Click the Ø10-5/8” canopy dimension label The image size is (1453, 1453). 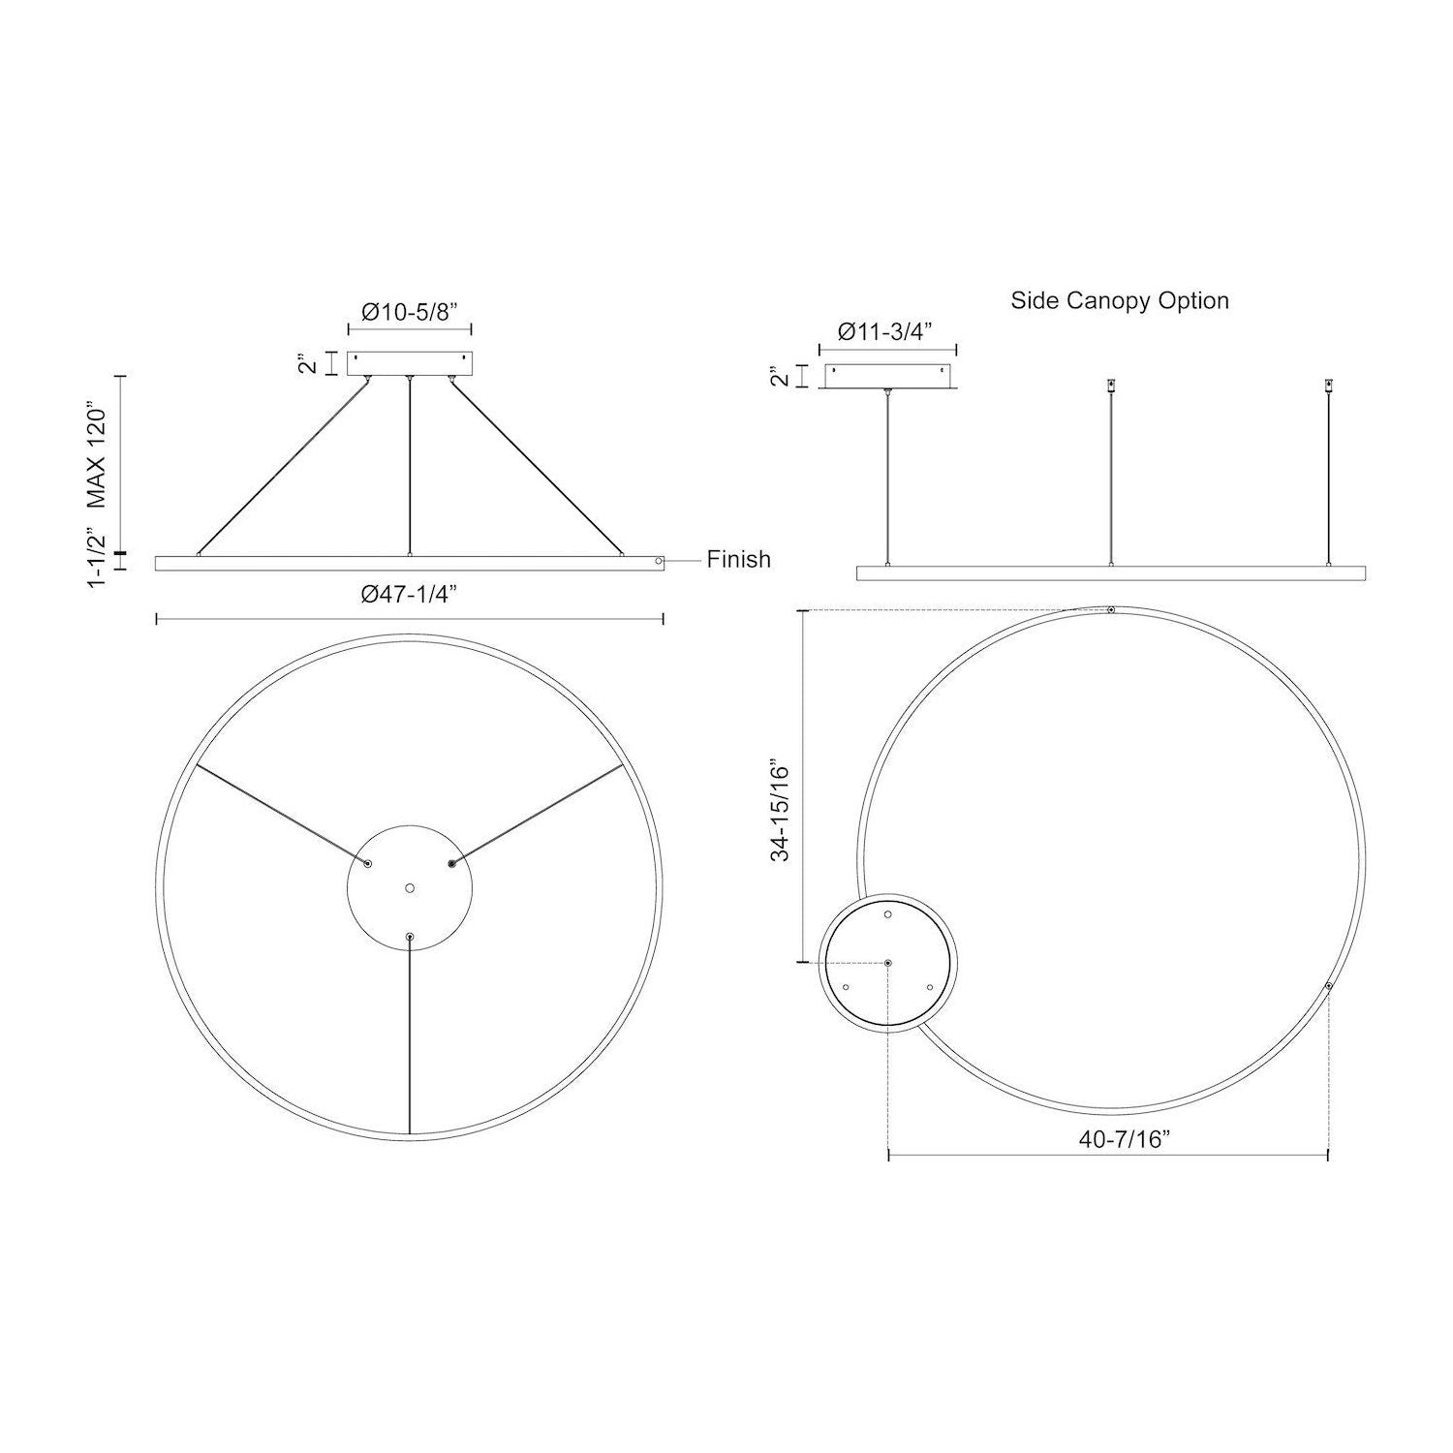[x=410, y=312]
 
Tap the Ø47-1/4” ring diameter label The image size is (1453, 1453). [x=409, y=595]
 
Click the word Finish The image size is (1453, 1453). [x=738, y=559]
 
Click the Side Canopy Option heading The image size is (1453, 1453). [x=1120, y=300]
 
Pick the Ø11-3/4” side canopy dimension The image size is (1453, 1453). [x=884, y=331]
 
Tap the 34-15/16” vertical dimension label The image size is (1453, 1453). [x=782, y=812]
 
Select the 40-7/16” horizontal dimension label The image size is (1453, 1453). [x=1125, y=1139]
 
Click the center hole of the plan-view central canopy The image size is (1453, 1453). [x=410, y=887]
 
